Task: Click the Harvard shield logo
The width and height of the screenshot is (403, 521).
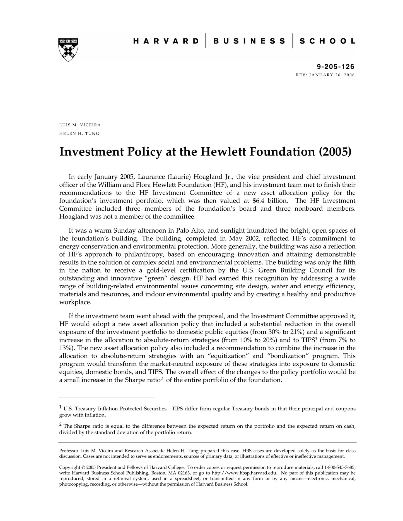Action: [68, 50]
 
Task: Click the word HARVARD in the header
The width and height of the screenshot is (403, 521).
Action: [166, 41]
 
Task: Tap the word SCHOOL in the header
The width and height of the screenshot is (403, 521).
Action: [327, 41]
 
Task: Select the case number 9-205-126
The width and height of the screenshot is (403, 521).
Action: [336, 67]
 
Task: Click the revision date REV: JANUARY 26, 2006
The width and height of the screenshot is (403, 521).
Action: [325, 75]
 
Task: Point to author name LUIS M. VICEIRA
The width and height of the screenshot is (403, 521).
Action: [80, 125]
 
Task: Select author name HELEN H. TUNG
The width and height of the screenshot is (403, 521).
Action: [79, 133]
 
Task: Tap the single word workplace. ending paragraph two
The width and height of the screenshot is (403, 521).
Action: [75, 302]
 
